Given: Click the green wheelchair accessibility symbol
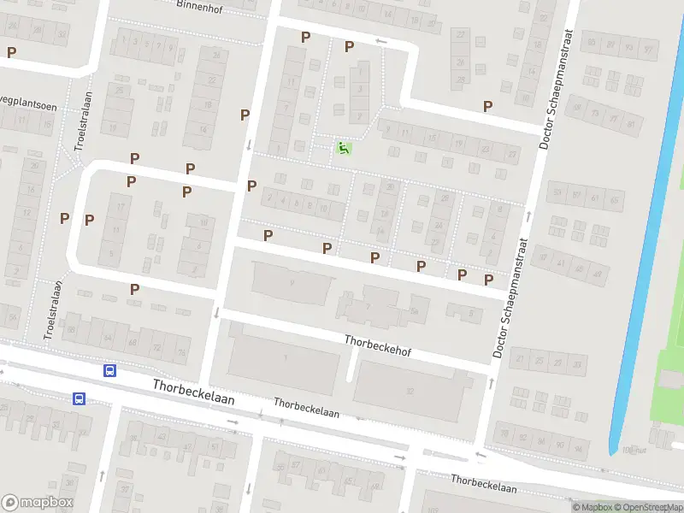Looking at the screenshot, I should (343, 149).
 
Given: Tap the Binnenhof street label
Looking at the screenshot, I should (198, 5).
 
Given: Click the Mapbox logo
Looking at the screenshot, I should (38, 503).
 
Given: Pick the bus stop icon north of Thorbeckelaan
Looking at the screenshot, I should (109, 371).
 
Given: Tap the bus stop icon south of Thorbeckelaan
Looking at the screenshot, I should (79, 398).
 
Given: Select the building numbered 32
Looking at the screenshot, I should (410, 392).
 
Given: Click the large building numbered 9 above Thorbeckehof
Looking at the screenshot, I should (292, 283).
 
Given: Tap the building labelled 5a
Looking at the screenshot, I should (415, 310).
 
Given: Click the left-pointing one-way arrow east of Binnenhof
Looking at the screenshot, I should (381, 42).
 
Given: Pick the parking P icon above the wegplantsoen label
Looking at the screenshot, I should (11, 52).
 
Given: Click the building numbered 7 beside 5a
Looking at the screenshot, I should (367, 306).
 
